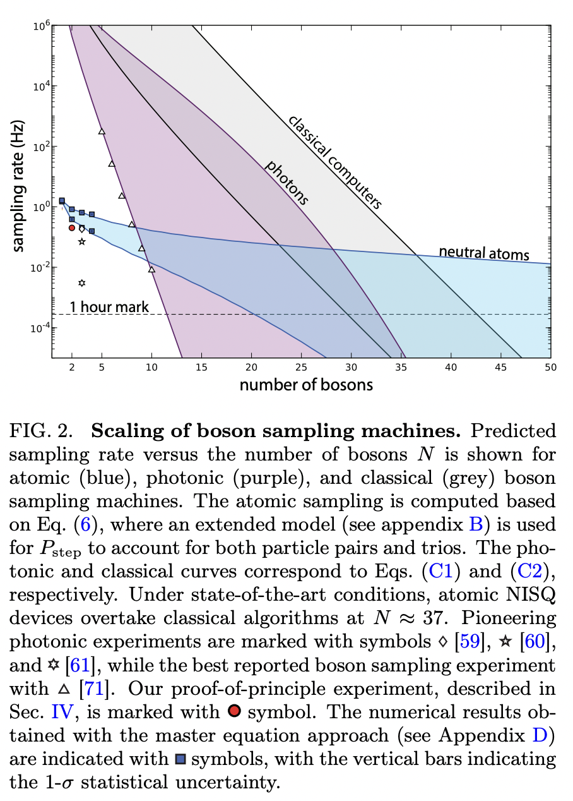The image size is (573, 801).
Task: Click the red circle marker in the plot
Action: tap(72, 227)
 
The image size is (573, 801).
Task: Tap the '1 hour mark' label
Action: tap(109, 308)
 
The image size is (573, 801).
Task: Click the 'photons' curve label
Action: tap(287, 183)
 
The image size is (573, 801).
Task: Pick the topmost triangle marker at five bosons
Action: tap(102, 131)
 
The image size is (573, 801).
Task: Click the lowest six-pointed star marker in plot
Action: tap(81, 282)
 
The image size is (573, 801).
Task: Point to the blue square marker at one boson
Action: tap(62, 201)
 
